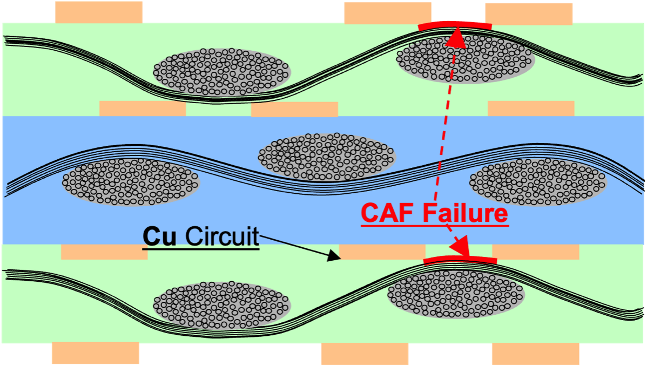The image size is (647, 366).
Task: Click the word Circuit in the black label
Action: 221,237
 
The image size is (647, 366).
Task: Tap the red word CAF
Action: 389,213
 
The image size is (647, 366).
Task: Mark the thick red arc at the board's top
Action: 455,26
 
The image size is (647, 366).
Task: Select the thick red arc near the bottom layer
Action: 460,261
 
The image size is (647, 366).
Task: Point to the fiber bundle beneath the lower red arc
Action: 456,294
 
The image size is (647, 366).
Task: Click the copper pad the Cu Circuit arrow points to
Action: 382,252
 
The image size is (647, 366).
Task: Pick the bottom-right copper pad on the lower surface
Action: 535,354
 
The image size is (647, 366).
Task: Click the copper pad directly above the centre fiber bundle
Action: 294,110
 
